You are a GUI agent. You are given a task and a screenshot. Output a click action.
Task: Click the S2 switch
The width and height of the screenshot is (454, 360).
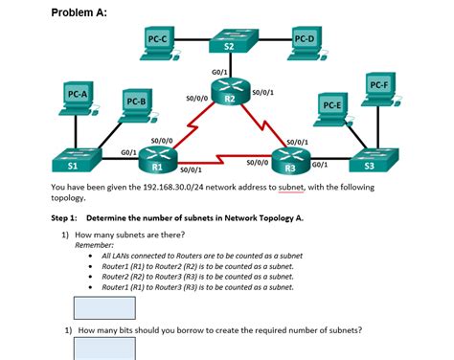(x=228, y=44)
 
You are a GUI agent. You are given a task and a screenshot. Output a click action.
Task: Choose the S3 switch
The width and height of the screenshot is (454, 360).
(x=370, y=161)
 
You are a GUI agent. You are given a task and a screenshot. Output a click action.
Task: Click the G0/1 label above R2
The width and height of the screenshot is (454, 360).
(x=219, y=72)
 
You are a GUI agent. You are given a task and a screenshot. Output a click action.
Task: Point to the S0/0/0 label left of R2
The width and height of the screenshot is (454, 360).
(x=196, y=98)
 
